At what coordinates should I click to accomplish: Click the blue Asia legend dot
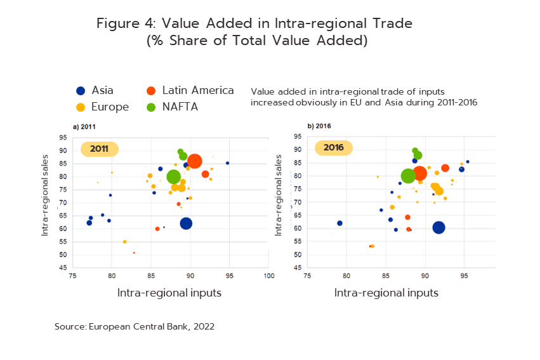(81, 91)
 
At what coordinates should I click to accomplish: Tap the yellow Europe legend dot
(81, 107)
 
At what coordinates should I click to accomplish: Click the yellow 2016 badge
(334, 148)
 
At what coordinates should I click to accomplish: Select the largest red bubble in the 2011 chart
(194, 162)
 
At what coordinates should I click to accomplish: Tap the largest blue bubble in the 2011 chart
(186, 223)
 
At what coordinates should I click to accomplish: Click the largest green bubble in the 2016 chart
(409, 176)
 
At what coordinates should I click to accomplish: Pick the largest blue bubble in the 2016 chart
(438, 227)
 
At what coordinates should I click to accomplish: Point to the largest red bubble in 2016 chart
(419, 174)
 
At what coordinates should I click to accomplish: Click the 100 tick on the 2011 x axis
(269, 275)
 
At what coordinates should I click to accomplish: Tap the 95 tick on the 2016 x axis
(464, 275)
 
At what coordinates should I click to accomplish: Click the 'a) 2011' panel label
(84, 127)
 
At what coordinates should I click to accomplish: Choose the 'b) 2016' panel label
(319, 126)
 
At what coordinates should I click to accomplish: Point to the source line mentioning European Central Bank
(135, 327)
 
